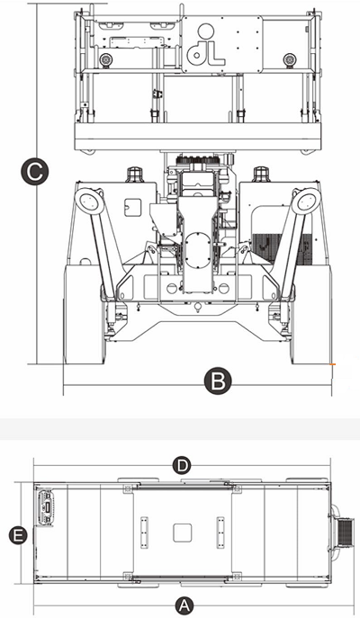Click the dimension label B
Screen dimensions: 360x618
218,381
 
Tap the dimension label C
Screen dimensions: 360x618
35,172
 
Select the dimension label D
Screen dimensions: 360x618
182,466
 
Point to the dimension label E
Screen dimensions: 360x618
18,535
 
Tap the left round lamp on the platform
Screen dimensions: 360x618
105,60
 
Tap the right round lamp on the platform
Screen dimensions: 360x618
290,60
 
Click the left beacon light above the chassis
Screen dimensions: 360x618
134,175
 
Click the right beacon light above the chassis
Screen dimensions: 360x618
261,175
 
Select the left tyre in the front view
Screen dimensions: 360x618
85,314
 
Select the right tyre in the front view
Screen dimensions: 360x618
311,314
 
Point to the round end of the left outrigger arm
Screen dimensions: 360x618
88,201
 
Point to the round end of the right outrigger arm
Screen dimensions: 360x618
306,201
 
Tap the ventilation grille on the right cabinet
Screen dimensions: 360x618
283,248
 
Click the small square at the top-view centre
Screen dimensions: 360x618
183,533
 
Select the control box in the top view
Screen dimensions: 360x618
45,506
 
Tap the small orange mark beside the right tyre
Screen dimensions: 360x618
333,364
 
